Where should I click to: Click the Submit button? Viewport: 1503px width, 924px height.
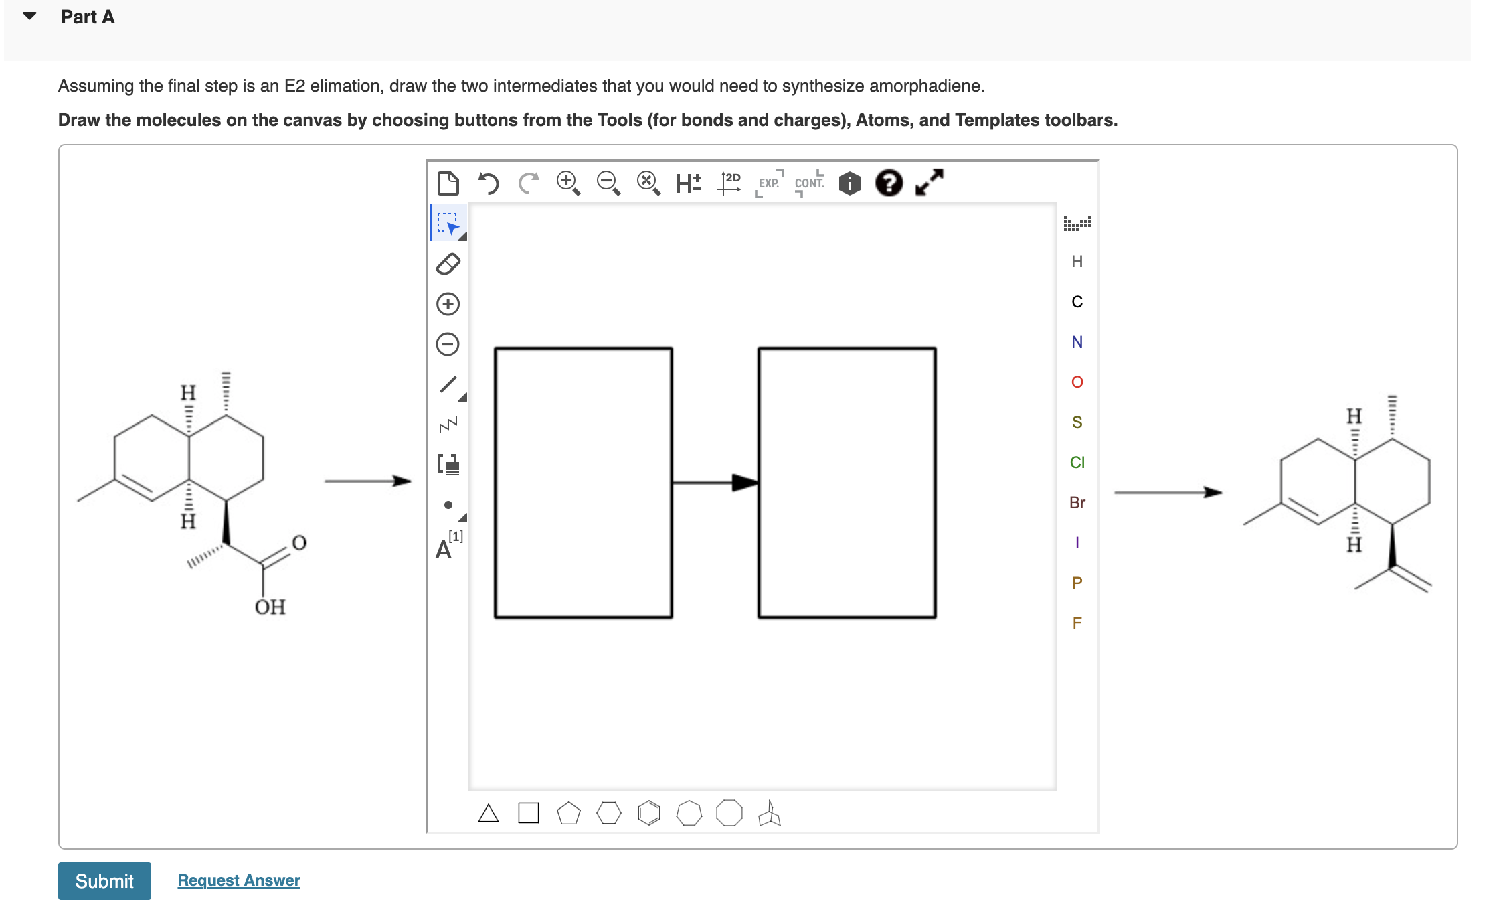click(104, 880)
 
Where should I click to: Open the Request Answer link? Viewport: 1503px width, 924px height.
click(239, 880)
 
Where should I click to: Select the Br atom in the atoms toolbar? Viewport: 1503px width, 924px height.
click(1077, 502)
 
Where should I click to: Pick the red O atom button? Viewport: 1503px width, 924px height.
click(1077, 382)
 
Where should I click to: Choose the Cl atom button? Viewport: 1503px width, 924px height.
click(1077, 462)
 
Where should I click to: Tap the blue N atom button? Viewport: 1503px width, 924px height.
click(1077, 341)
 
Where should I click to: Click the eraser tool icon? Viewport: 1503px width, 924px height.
click(448, 264)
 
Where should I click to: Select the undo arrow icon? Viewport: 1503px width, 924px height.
click(489, 183)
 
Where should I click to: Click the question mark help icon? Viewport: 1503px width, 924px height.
click(889, 183)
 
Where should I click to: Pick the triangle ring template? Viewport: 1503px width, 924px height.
click(489, 813)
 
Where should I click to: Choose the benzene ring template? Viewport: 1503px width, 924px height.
click(648, 813)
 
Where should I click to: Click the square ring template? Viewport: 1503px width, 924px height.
click(528, 813)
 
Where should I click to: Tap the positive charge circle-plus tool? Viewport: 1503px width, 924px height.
click(448, 304)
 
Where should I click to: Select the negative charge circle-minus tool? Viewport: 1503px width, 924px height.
click(448, 344)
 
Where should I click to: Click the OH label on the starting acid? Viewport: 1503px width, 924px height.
click(270, 607)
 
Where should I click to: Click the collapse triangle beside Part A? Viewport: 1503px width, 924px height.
click(29, 16)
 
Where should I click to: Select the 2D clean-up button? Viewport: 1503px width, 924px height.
click(729, 183)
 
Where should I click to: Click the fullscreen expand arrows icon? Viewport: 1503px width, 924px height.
click(929, 182)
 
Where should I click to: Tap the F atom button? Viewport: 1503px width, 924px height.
click(1077, 623)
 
